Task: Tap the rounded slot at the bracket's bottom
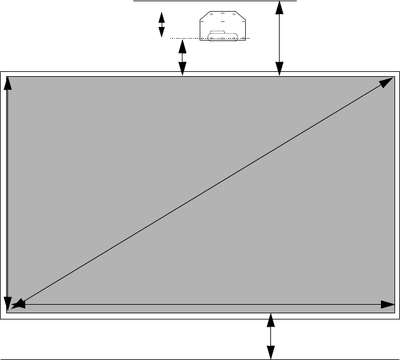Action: [x=222, y=38]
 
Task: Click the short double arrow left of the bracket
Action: [x=162, y=25]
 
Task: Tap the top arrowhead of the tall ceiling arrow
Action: [x=280, y=7]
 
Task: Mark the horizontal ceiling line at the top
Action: [x=215, y=1]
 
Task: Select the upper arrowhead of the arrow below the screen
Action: [x=270, y=319]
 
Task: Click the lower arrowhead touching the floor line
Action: [x=270, y=353]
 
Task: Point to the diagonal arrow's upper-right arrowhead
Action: [x=387, y=82]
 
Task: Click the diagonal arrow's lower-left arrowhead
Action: [x=17, y=302]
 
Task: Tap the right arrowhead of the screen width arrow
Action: [x=388, y=304]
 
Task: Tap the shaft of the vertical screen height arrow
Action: [x=7, y=194]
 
